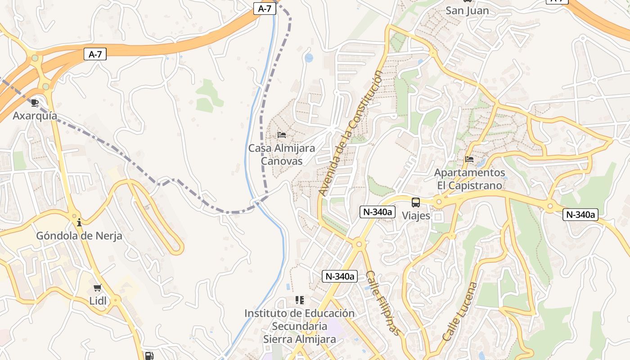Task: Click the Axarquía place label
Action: point(35,116)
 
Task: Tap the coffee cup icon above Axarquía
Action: point(35,103)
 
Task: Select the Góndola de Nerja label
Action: point(79,236)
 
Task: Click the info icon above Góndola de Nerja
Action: point(79,222)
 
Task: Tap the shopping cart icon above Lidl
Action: point(97,288)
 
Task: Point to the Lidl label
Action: point(98,301)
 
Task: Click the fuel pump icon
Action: point(148,355)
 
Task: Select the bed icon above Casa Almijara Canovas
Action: point(282,135)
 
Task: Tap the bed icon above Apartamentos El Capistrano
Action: point(469,159)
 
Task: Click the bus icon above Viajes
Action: point(416,202)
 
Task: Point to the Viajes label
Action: point(416,216)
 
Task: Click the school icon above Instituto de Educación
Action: point(300,300)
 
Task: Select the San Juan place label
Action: point(467,11)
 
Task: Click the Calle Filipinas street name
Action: point(382,303)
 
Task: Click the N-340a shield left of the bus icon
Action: point(377,212)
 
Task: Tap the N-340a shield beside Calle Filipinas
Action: point(340,276)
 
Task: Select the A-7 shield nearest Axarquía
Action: point(95,54)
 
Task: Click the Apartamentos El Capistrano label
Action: point(469,179)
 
